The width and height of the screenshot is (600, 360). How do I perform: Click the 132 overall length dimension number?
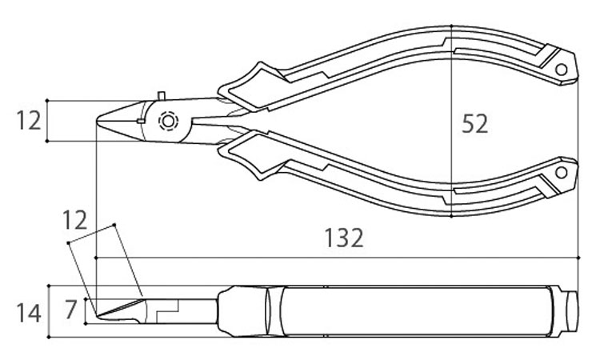(x=343, y=238)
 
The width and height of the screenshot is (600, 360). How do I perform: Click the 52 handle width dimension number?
(x=474, y=123)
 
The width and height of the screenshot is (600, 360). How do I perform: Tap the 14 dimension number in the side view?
(x=28, y=313)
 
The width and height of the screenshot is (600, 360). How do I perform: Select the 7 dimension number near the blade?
(x=70, y=310)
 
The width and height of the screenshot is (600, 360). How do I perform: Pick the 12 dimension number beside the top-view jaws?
(x=28, y=121)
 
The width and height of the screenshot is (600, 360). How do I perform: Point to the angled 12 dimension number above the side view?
(x=74, y=220)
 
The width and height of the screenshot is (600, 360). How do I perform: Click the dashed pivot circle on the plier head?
(x=168, y=122)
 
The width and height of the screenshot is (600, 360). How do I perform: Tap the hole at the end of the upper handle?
(x=561, y=70)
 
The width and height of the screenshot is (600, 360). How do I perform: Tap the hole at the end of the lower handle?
(x=561, y=173)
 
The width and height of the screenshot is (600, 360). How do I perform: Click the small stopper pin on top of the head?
(x=162, y=96)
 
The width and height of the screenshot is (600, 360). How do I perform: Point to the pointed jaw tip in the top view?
(x=97, y=120)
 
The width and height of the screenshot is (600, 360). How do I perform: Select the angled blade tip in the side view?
(x=97, y=316)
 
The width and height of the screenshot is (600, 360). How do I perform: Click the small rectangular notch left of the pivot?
(x=141, y=122)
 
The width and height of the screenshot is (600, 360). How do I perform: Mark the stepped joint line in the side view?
(x=168, y=310)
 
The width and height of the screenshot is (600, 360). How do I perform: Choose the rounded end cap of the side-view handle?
(x=572, y=311)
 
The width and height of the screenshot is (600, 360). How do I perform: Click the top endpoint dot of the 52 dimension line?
(x=451, y=26)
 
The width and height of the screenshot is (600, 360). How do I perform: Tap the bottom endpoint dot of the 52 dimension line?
(x=451, y=216)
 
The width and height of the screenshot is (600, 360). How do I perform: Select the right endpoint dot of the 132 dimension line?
(x=578, y=258)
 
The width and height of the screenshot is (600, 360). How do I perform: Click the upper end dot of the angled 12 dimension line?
(x=114, y=225)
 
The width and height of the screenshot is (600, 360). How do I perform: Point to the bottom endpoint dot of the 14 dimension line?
(x=49, y=338)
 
